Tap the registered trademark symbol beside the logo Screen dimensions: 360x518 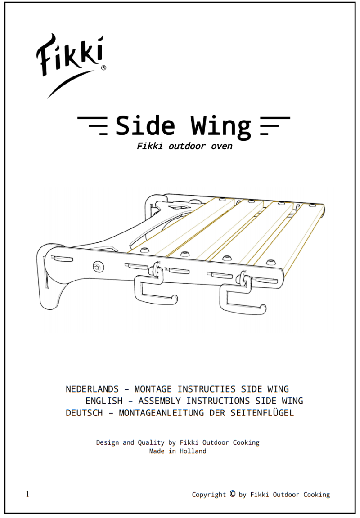[103, 68]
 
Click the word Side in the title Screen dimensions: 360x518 [145, 125]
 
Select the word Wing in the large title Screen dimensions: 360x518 [221, 127]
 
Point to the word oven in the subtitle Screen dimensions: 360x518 [222, 146]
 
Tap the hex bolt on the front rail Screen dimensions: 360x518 [97, 267]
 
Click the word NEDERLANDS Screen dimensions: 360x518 [92, 389]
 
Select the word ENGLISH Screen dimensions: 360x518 [104, 401]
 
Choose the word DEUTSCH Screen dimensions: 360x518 [84, 413]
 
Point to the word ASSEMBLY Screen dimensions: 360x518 [159, 401]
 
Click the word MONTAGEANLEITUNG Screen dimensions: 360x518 [161, 413]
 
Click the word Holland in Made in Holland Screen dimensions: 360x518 [193, 451]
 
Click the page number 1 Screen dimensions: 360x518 [27, 494]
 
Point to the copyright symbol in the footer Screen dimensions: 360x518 [233, 494]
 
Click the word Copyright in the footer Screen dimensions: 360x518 [209, 495]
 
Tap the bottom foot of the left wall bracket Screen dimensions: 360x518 [49, 302]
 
